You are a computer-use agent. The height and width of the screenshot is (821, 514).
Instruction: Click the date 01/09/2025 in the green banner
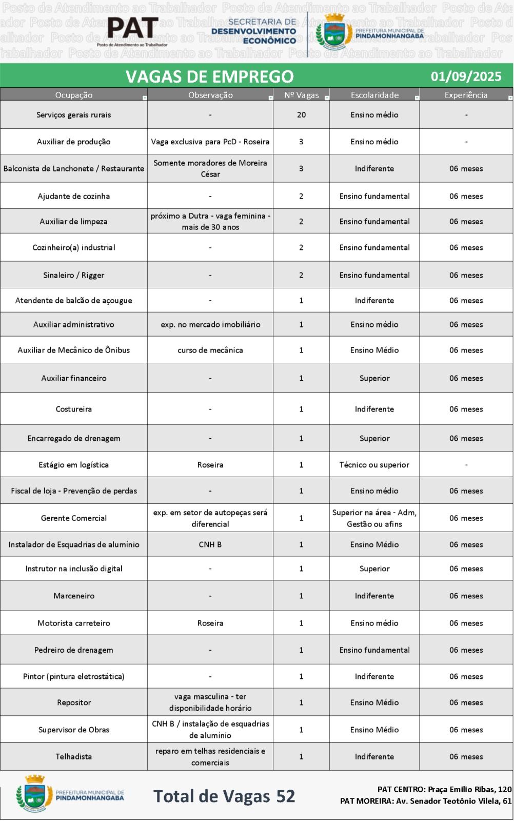(466, 76)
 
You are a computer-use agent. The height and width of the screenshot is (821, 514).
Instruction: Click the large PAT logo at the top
(132, 28)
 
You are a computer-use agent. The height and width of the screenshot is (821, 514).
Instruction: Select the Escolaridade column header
(374, 95)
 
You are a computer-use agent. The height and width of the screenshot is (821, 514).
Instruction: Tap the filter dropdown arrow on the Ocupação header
(145, 97)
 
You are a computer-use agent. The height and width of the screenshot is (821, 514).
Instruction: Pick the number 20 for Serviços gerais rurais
(301, 115)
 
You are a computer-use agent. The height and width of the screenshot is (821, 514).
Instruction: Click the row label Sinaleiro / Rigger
(74, 275)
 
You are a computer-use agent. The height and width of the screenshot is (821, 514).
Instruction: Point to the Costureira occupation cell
(74, 409)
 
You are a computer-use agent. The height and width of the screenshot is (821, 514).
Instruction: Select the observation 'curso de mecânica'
(210, 350)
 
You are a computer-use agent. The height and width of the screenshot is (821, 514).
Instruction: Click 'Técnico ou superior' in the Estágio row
(374, 465)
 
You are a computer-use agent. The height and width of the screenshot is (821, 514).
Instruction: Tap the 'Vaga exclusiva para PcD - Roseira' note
(210, 142)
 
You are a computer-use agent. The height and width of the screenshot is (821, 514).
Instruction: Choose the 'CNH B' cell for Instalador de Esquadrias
(210, 544)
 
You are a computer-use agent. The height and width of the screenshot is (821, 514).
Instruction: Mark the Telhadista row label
(74, 756)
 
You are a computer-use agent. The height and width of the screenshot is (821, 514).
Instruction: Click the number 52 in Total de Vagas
(286, 796)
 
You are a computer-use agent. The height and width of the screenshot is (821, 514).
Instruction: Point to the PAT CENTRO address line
(444, 789)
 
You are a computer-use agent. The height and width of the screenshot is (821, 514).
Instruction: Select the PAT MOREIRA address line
(426, 801)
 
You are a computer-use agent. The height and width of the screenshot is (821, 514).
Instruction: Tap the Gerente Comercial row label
(74, 518)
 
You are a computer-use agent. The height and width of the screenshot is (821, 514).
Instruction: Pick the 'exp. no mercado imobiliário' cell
(210, 324)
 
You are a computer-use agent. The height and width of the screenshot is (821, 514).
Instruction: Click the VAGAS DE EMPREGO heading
(209, 76)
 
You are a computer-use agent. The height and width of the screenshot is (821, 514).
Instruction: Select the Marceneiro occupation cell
(74, 596)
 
